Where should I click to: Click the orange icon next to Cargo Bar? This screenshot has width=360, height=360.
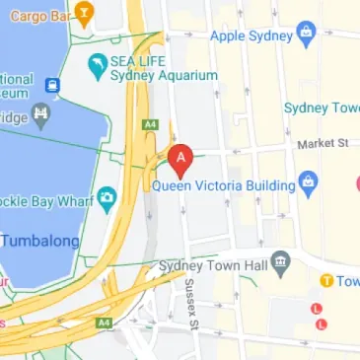pos(84,15)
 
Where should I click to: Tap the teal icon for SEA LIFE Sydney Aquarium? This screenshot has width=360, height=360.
pos(97,67)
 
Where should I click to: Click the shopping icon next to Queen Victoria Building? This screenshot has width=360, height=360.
pos(308,182)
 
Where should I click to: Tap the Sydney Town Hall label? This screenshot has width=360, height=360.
pos(214,264)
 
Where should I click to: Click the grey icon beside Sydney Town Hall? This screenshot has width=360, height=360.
pos(281,262)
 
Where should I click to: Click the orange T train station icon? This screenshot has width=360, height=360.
pos(324,281)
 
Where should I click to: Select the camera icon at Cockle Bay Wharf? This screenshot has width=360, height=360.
pos(107,198)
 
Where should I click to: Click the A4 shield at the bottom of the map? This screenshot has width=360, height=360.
pos(104,323)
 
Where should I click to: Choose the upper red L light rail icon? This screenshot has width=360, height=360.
pos(317,308)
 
